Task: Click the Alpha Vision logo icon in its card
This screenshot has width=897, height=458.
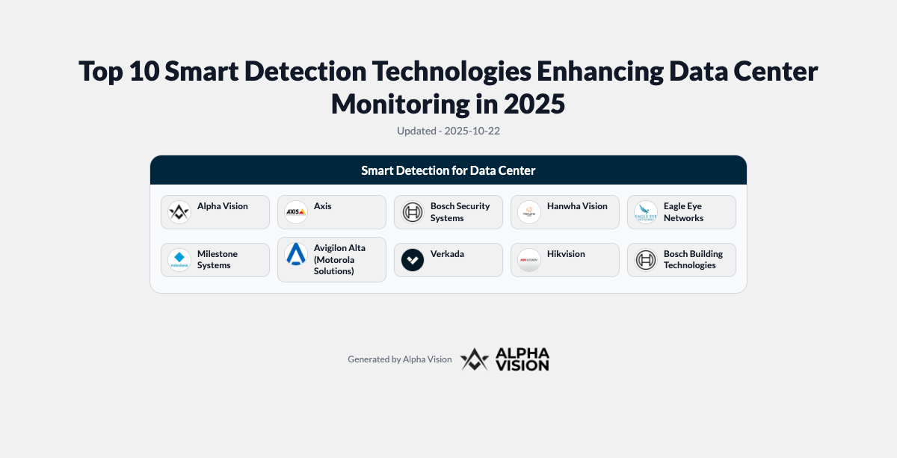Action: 179,212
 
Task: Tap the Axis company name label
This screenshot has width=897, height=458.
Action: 322,206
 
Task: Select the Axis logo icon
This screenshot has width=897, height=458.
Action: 296,212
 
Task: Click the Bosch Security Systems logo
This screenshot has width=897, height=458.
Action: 413,212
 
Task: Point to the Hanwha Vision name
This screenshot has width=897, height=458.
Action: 577,206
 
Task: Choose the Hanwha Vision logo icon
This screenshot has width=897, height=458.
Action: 529,212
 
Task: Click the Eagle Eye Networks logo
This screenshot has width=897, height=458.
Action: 646,212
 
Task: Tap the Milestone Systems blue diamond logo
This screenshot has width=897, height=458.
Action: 179,260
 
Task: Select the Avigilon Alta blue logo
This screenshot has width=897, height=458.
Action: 296,254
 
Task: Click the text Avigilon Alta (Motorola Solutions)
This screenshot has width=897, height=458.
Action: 339,259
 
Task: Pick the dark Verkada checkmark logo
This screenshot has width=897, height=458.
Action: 413,260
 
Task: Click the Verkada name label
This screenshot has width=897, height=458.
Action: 447,254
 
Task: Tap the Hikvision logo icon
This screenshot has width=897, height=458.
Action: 529,260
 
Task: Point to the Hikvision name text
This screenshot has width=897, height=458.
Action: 566,254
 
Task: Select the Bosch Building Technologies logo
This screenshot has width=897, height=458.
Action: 646,260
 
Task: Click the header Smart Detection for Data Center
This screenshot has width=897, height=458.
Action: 449,170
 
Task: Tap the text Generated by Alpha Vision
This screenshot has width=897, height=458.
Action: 399,359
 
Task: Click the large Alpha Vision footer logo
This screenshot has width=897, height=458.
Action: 505,359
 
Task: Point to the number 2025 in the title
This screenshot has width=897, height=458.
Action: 534,103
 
